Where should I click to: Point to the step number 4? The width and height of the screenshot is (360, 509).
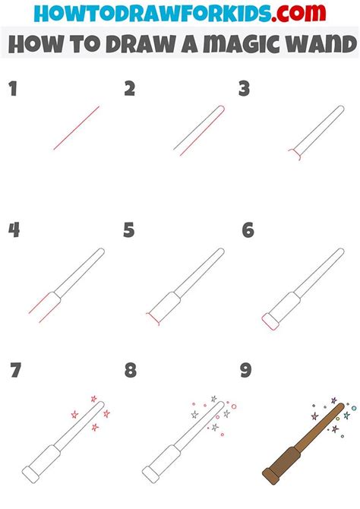pos(13,231)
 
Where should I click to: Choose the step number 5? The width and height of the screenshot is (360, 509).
pos(130,231)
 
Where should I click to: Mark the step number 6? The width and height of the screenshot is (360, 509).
pos(247,231)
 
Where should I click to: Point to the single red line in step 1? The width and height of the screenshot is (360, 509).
pos(77,128)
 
